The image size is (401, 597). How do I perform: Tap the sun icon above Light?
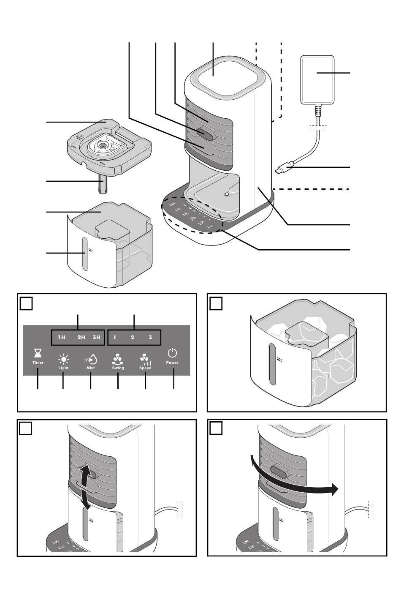tap(63, 360)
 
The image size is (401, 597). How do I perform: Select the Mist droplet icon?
tap(90, 360)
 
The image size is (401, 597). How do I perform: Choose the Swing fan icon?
tap(118, 360)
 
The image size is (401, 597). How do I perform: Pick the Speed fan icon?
tap(145, 360)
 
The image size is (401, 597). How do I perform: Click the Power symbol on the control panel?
tap(172, 353)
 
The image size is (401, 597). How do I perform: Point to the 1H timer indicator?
tap(62, 338)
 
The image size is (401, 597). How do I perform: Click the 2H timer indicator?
tap(81, 338)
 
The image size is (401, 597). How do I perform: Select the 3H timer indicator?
tap(96, 338)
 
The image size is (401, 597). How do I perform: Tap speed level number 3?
tap(150, 338)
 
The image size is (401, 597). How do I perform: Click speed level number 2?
tap(132, 338)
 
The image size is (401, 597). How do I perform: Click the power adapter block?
tap(317, 80)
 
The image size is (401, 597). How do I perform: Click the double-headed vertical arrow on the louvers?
tap(85, 485)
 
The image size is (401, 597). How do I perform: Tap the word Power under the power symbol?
tap(172, 363)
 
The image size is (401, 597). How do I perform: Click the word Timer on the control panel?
tap(38, 363)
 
